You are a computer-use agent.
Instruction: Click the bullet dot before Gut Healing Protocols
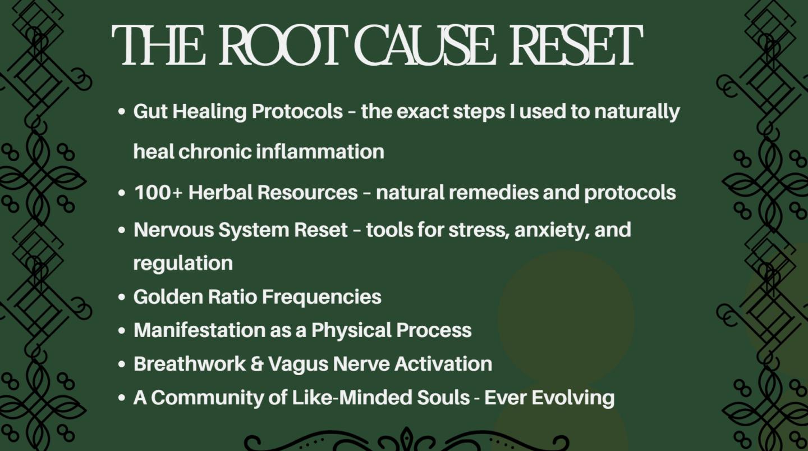122,112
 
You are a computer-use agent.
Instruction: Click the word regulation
183,264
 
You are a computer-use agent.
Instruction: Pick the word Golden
167,297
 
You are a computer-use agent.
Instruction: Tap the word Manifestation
200,330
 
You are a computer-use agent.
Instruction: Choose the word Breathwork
190,363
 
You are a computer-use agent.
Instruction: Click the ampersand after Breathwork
257,364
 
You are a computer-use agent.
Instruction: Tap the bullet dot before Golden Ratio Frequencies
122,297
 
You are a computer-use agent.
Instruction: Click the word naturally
637,112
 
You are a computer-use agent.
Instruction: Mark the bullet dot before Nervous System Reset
122,230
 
